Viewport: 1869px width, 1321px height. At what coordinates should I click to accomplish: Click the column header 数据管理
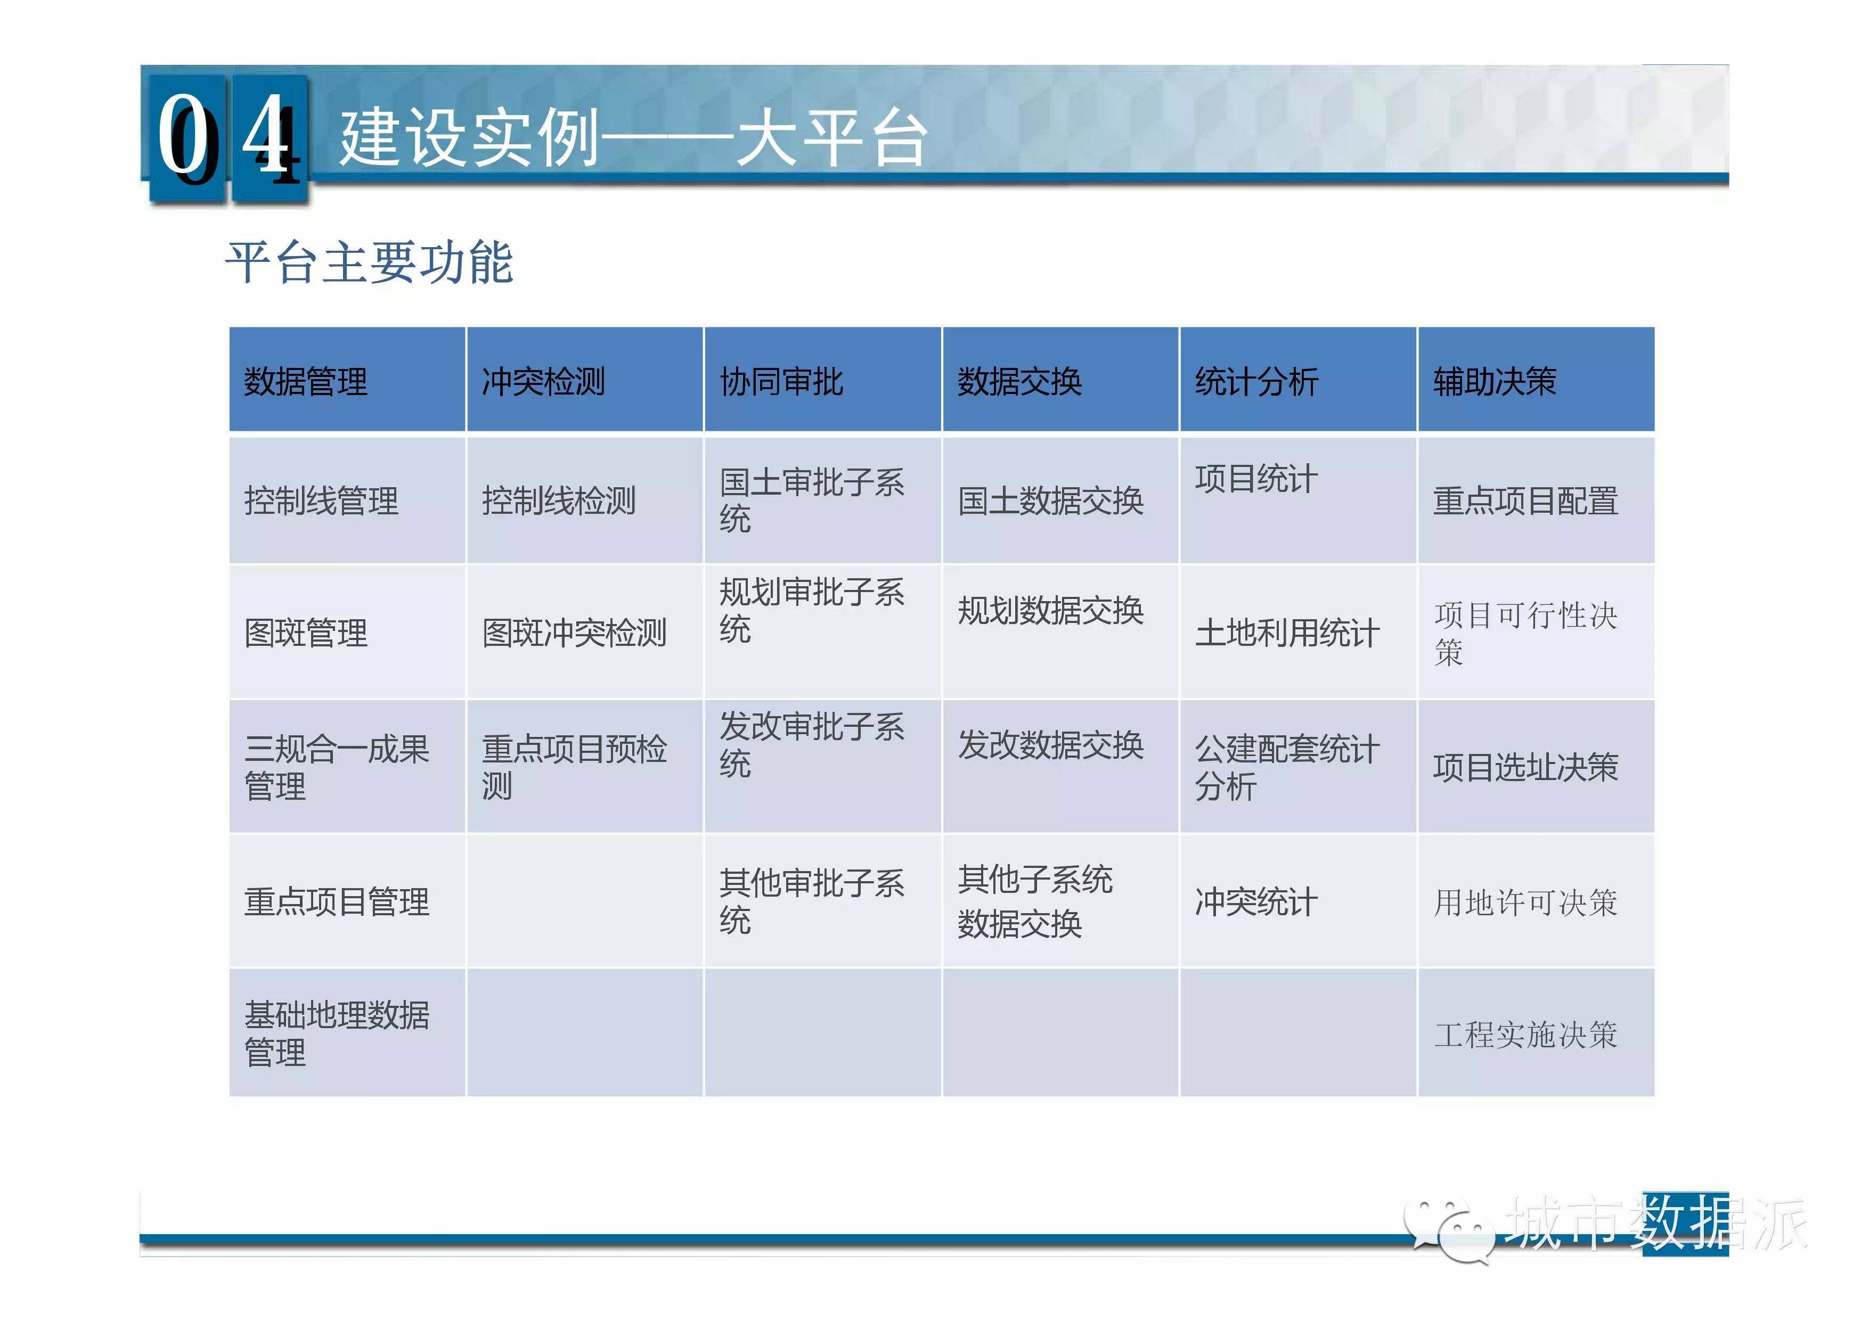click(306, 381)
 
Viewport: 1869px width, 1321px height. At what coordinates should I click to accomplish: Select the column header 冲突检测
click(544, 381)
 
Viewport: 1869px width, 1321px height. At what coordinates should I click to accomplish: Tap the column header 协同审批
click(781, 381)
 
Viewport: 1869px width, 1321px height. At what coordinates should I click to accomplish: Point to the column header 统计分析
click(1257, 381)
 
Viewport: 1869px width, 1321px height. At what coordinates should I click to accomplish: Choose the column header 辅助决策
click(1495, 381)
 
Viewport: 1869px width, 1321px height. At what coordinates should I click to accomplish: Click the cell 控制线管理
click(322, 500)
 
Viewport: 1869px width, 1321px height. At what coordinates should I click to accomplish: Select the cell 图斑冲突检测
click(575, 633)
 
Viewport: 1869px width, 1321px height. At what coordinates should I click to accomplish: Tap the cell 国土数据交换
click(1050, 500)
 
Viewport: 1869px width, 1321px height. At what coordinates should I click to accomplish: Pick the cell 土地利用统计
click(1288, 633)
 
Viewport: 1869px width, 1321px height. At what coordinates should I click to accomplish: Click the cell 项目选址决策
click(1525, 767)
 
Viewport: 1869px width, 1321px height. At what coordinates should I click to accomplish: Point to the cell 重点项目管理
click(337, 901)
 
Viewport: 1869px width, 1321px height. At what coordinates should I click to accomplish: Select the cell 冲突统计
click(1257, 901)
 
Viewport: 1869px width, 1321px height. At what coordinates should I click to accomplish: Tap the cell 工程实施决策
click(1525, 1035)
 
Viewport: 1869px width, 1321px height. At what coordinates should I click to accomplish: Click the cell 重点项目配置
click(1525, 500)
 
